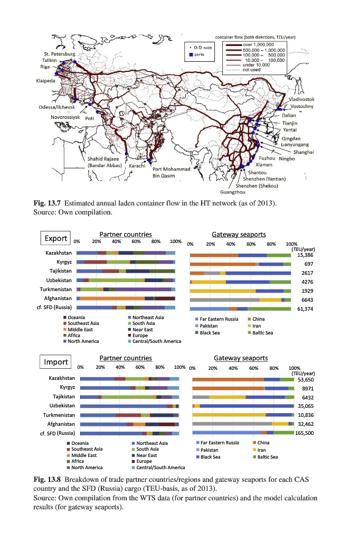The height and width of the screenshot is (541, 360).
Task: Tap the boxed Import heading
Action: pyautogui.click(x=55, y=362)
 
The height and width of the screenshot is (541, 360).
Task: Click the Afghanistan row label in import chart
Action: pyautogui.click(x=58, y=424)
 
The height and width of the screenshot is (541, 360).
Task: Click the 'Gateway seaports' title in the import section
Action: pyautogui.click(x=241, y=358)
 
